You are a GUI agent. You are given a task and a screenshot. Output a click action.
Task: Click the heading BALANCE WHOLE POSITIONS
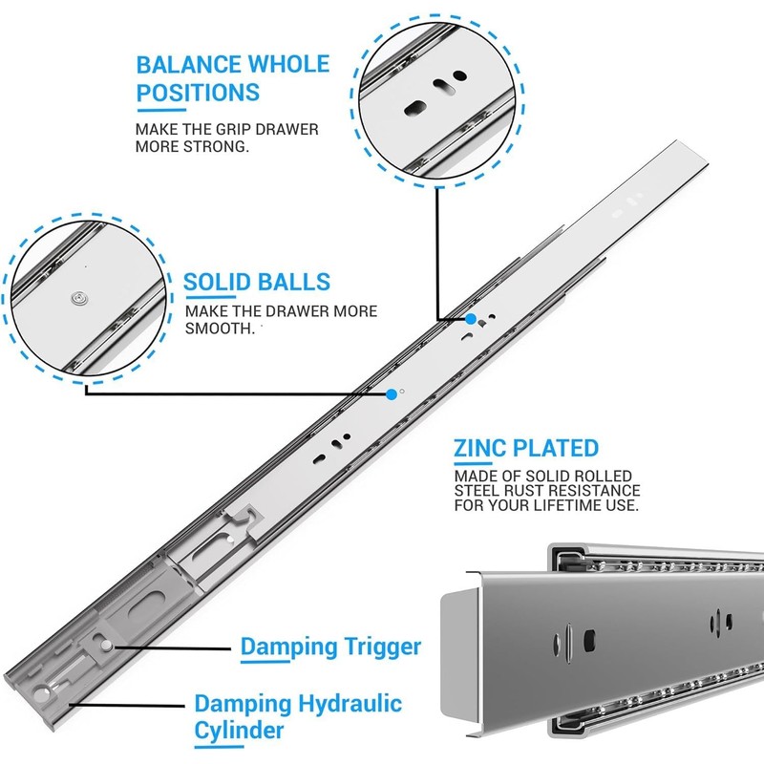click(x=232, y=78)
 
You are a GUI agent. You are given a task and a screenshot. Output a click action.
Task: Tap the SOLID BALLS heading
click(x=257, y=282)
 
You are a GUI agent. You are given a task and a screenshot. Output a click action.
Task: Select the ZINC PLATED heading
click(x=526, y=448)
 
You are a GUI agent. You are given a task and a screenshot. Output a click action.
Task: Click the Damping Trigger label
click(x=330, y=647)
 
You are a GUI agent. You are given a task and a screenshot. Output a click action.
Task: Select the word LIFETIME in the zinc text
click(x=567, y=505)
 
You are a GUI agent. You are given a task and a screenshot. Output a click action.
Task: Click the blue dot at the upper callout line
click(x=471, y=319)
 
